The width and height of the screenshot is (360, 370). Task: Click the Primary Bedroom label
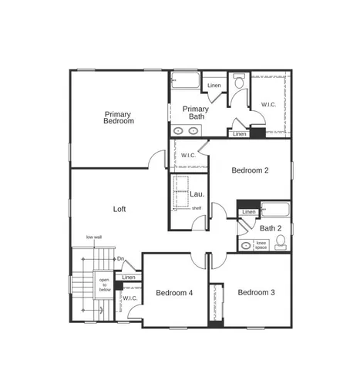(x=119, y=117)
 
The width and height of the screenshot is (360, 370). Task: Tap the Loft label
(x=119, y=208)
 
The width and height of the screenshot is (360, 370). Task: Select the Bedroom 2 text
(x=250, y=171)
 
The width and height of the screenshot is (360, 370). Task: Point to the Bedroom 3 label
(x=256, y=292)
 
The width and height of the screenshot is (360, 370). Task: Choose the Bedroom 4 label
(x=174, y=293)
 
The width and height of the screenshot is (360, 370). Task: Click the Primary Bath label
(x=196, y=113)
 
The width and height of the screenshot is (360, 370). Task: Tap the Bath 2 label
(x=270, y=228)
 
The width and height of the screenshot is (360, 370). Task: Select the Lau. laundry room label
(x=186, y=193)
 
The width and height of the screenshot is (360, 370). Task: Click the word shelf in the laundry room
(x=197, y=208)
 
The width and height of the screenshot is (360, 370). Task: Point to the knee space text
(x=261, y=245)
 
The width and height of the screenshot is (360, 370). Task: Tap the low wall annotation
(x=94, y=237)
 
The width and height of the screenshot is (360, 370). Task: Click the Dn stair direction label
(x=121, y=258)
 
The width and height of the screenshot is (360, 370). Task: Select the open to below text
(x=104, y=284)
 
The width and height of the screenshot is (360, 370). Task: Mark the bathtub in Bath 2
(x=274, y=209)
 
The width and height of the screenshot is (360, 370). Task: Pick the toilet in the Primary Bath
(x=239, y=81)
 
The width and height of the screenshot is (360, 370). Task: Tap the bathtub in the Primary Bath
(x=185, y=80)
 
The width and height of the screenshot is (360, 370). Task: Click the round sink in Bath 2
(x=245, y=246)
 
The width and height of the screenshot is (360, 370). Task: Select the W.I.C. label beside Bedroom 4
(x=130, y=298)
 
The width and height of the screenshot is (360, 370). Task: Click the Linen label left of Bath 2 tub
(x=249, y=212)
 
